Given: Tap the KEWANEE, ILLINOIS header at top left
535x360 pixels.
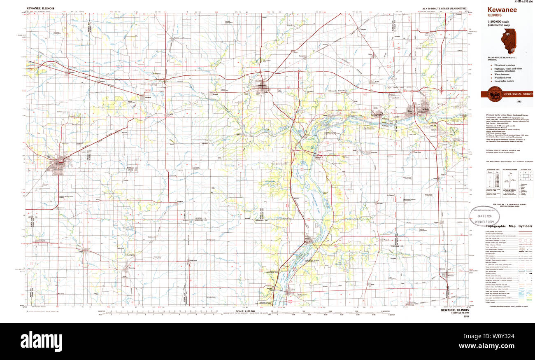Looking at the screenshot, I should [40, 8].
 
